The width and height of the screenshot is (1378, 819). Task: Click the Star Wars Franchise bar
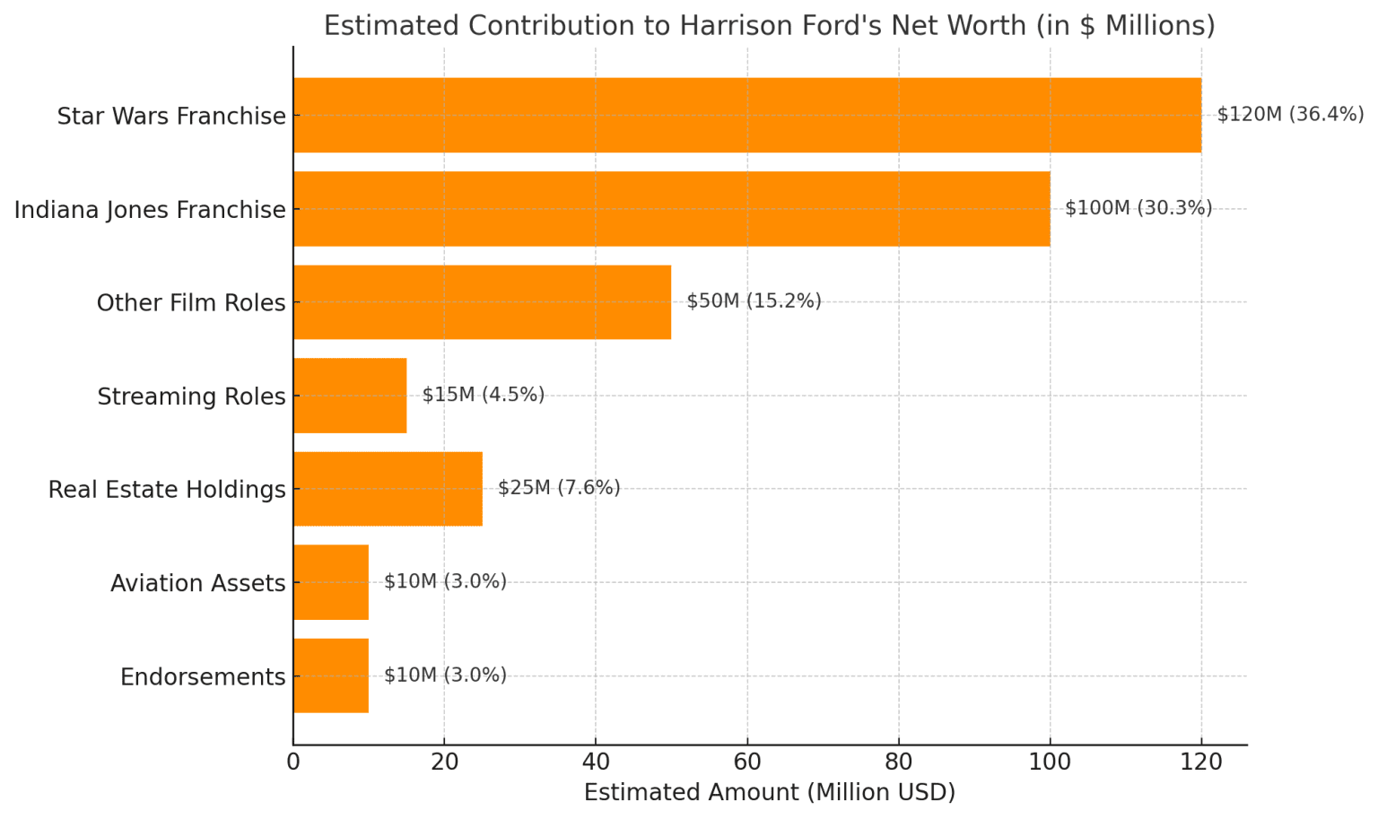746,115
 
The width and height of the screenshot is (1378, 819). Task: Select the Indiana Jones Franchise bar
671,209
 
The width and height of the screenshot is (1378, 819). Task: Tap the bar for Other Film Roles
482,302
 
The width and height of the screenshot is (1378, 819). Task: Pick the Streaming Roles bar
350,396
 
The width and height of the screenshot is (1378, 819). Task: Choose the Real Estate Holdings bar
388,489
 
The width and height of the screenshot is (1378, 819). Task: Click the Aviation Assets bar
330,582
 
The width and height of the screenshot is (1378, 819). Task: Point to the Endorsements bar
330,675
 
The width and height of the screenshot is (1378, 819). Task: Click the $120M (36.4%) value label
1289,115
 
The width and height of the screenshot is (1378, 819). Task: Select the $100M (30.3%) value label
1138,208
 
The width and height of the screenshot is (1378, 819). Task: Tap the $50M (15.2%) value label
754,301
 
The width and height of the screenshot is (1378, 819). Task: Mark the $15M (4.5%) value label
483,395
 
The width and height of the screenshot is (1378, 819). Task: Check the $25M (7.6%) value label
559,488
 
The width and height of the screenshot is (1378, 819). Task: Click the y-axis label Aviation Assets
197,583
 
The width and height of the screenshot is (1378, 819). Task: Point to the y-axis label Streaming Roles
191,396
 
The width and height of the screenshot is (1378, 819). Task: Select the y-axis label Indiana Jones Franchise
150,210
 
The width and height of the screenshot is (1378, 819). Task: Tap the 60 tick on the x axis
746,762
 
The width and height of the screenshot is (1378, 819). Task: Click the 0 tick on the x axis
293,762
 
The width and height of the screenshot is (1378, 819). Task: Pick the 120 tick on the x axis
1201,762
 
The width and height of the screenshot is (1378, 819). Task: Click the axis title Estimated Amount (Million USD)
769,793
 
